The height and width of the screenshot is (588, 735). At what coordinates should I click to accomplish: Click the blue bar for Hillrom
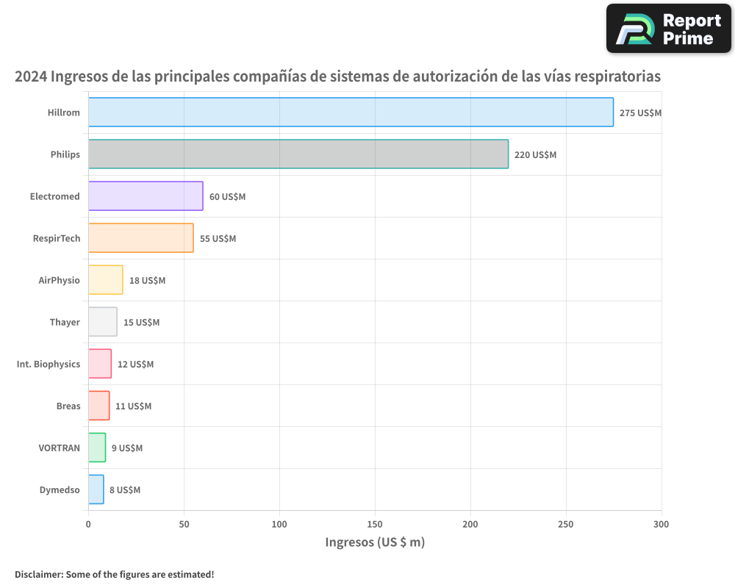[351, 112]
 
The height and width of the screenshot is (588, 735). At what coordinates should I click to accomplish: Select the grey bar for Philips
[298, 154]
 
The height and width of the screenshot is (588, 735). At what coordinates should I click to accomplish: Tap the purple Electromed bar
[146, 196]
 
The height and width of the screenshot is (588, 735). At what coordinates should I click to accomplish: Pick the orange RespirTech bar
[140, 238]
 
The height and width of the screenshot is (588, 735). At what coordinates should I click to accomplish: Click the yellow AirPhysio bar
[105, 280]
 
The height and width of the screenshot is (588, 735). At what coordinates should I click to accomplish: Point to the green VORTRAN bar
[97, 448]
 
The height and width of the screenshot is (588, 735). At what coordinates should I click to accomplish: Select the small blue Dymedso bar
[96, 490]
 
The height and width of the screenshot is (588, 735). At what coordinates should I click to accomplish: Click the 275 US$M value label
[640, 113]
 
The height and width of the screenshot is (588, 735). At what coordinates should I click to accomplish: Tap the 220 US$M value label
[535, 155]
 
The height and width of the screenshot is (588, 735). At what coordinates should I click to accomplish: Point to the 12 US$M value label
[135, 365]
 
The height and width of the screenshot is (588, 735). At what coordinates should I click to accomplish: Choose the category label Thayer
[65, 322]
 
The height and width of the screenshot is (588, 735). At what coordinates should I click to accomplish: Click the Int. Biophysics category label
[49, 364]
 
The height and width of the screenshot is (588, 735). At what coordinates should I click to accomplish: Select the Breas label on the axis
[68, 406]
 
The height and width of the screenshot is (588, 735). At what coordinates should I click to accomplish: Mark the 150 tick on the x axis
[375, 525]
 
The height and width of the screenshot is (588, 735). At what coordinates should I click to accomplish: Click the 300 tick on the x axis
[661, 525]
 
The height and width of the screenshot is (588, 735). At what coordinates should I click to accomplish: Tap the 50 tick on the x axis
[184, 525]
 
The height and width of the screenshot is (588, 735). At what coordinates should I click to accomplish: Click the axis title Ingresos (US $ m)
[375, 542]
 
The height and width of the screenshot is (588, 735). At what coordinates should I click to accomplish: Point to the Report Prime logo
[668, 29]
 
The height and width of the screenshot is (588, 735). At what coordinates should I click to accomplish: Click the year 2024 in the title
[31, 76]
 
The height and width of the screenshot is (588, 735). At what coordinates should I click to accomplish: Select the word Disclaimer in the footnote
[38, 574]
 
